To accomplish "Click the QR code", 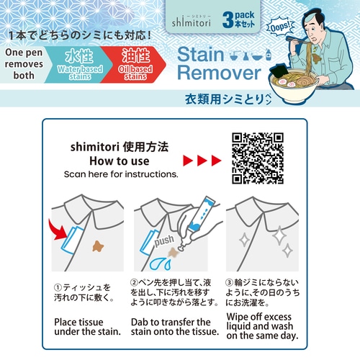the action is click(258, 158).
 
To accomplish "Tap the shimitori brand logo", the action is click(192, 21).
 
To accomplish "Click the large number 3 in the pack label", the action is click(228, 20).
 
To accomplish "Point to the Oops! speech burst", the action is click(280, 27).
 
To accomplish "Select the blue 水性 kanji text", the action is click(79, 55).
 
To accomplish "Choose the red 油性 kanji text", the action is click(135, 55).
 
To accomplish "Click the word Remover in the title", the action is click(219, 73).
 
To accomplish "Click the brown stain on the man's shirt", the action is click(317, 58).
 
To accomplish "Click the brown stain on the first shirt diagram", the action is click(98, 246).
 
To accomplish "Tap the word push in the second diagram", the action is click(164, 240).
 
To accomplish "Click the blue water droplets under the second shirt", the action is click(161, 263).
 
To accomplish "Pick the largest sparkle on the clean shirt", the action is click(280, 235).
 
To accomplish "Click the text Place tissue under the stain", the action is click(87, 327).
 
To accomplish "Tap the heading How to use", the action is click(120, 161).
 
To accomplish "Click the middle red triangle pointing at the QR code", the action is click(202, 161).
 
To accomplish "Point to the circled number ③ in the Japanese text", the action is click(230, 282).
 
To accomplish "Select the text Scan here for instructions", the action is click(121, 174).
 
